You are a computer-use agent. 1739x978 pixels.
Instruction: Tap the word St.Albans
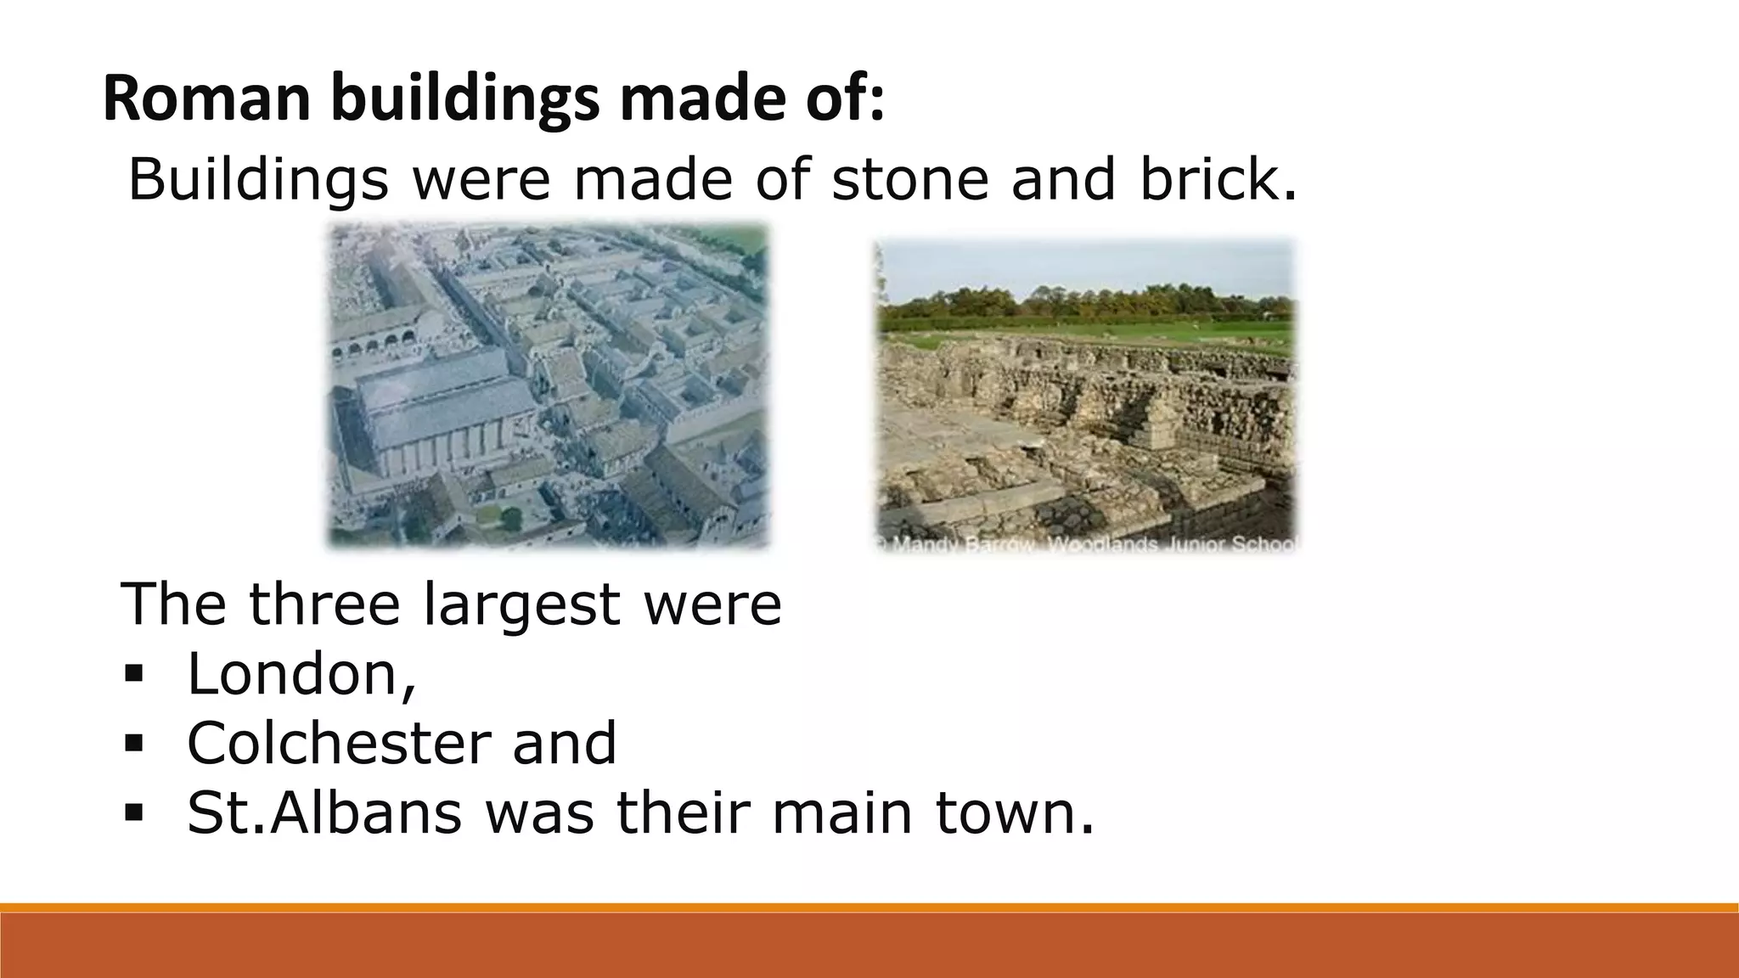click(324, 812)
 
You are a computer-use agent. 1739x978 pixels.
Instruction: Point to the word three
click(324, 604)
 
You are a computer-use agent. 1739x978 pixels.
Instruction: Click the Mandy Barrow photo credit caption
click(1087, 544)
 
